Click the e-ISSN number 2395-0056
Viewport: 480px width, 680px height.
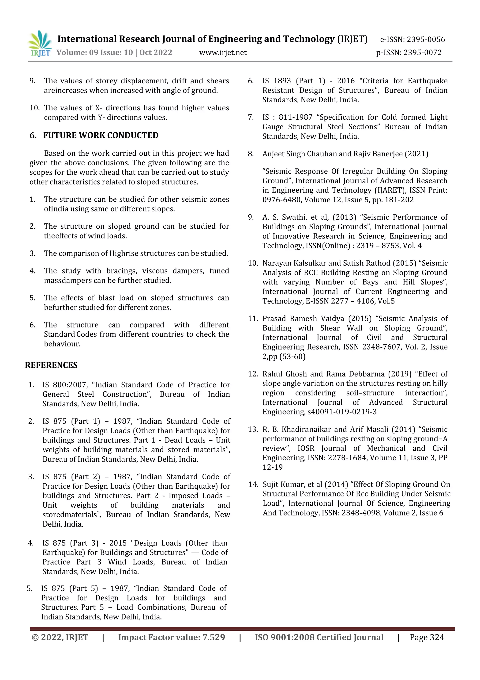click(426, 39)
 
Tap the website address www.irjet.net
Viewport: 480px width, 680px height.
click(223, 53)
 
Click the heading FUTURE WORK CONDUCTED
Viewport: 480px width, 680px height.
click(101, 135)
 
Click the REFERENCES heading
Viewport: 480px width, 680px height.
click(51, 365)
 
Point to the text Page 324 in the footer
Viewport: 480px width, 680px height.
click(427, 637)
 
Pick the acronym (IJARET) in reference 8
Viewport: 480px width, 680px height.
click(389, 190)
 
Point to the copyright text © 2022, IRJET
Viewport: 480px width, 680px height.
click(60, 637)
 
